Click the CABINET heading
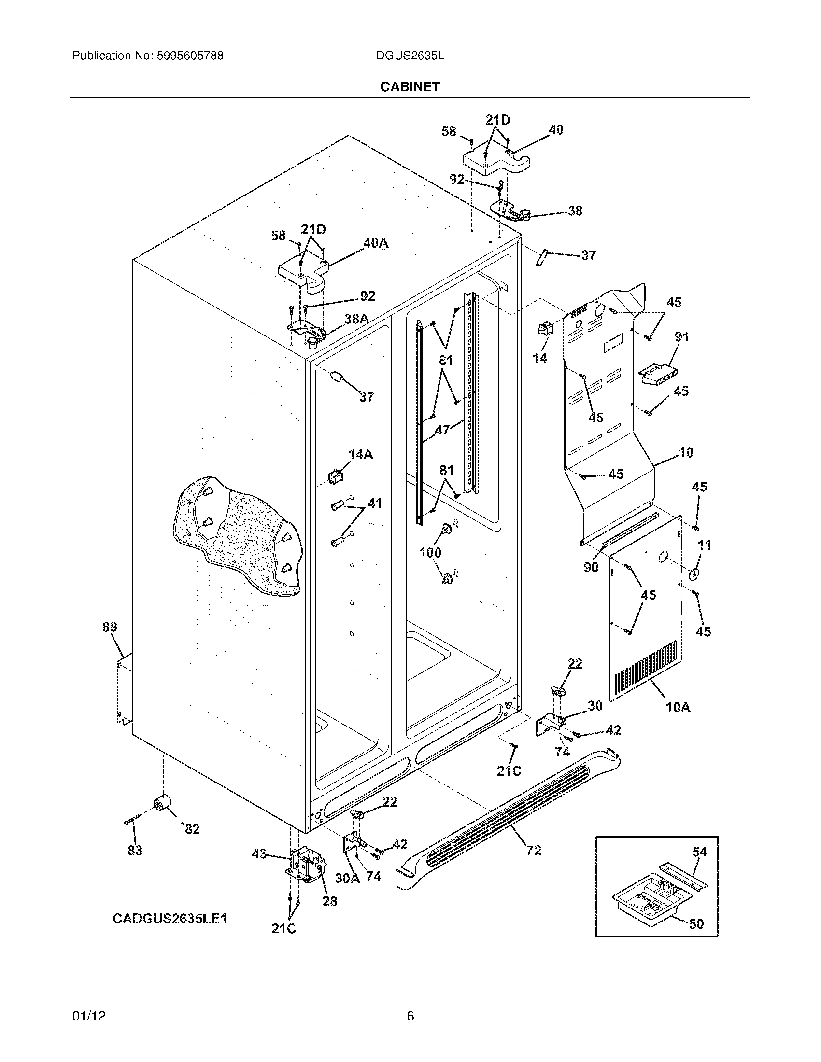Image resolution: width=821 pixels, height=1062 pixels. pyautogui.click(x=410, y=86)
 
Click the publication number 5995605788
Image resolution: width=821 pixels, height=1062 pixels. pyautogui.click(x=190, y=56)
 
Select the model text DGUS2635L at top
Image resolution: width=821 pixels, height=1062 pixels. pyautogui.click(x=410, y=56)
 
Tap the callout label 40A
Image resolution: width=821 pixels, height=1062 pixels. pyautogui.click(x=376, y=243)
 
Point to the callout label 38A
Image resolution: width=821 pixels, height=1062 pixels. pyautogui.click(x=356, y=319)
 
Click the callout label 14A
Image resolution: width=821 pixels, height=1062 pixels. pyautogui.click(x=360, y=454)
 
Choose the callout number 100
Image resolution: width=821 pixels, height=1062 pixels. pyautogui.click(x=430, y=552)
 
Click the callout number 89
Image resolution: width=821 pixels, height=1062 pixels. pyautogui.click(x=110, y=627)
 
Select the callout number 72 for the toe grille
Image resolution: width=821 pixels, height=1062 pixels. pyautogui.click(x=534, y=850)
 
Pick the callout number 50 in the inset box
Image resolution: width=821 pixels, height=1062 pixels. pyautogui.click(x=696, y=923)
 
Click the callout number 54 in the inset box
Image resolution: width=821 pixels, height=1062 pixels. pyautogui.click(x=699, y=852)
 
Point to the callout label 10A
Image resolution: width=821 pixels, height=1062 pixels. pyautogui.click(x=678, y=707)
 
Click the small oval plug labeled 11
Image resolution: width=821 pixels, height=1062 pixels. pyautogui.click(x=694, y=574)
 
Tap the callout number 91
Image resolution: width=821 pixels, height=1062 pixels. pyautogui.click(x=681, y=336)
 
